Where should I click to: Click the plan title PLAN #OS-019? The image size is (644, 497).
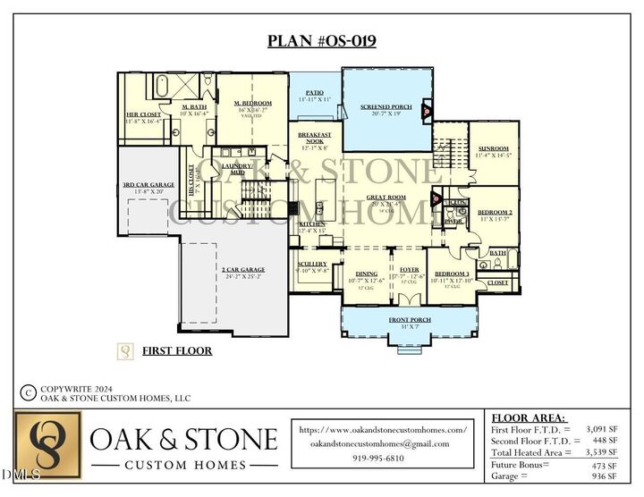coord(322,41)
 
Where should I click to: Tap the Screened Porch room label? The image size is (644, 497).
coord(386,107)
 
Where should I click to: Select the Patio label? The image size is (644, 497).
coord(314,93)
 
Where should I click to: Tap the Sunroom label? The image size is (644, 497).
coord(493,149)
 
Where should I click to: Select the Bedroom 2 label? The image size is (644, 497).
coord(495,212)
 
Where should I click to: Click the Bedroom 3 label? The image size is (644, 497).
coord(452,274)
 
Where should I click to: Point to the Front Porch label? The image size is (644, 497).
coord(409,320)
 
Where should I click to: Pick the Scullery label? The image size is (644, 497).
coord(313,265)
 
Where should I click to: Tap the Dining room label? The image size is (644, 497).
coord(367,274)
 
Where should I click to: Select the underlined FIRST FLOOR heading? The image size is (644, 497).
coord(177,351)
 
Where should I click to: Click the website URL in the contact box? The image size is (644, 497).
coord(383,430)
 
